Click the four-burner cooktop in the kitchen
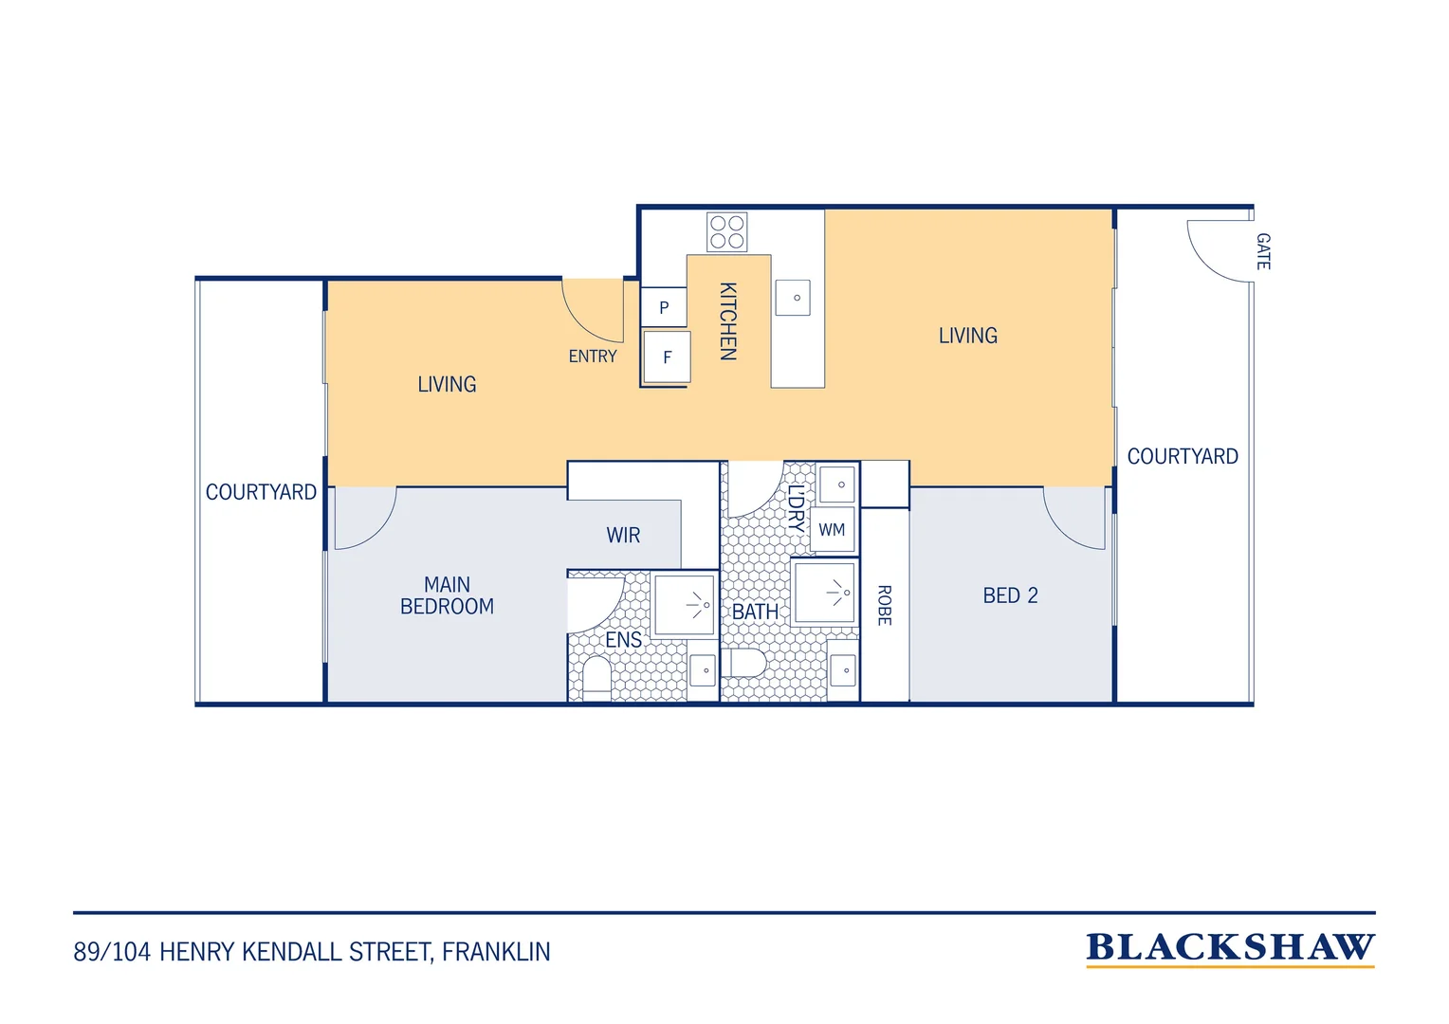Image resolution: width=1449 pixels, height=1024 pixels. point(726,232)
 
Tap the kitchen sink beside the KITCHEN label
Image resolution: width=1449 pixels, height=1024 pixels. point(793,298)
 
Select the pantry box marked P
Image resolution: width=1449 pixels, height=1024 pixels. point(664,307)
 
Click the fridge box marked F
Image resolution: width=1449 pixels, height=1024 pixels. point(667,357)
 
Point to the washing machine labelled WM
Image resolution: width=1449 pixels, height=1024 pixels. point(832,530)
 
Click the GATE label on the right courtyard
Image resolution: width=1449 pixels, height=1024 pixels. point(1263,251)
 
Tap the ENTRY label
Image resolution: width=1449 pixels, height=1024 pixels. point(593,357)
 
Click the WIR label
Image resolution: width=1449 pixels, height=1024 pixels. point(623,535)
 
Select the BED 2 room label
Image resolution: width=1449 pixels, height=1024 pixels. point(1011,595)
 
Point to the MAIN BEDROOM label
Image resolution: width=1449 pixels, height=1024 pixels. point(447,595)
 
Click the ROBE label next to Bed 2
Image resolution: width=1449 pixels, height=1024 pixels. point(884,606)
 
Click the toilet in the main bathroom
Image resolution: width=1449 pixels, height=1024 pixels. point(743,663)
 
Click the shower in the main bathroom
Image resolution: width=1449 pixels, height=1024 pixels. point(825,593)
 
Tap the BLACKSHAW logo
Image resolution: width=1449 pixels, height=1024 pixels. point(1230,949)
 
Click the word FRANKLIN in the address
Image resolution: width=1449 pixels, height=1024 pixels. point(496,952)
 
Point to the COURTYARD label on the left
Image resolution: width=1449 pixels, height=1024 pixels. point(261,492)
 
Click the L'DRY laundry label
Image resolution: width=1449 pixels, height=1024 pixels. point(797,508)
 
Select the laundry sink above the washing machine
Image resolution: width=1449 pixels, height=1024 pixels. point(837,485)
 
